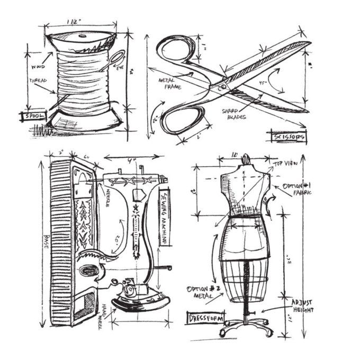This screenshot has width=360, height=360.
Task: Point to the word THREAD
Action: pos(38,80)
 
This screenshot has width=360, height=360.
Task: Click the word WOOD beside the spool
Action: pos(39,67)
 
